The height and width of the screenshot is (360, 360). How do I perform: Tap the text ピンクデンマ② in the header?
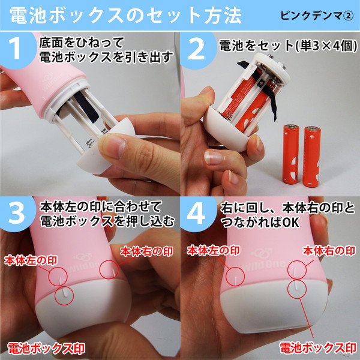(314, 14)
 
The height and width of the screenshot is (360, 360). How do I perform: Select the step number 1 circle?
(20, 50)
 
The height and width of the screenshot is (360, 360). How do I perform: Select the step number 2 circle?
(200, 50)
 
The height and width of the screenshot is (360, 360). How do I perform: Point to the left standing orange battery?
(289, 155)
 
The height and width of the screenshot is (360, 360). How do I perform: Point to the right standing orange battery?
(312, 155)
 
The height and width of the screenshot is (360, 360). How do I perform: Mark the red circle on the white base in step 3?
(64, 295)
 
